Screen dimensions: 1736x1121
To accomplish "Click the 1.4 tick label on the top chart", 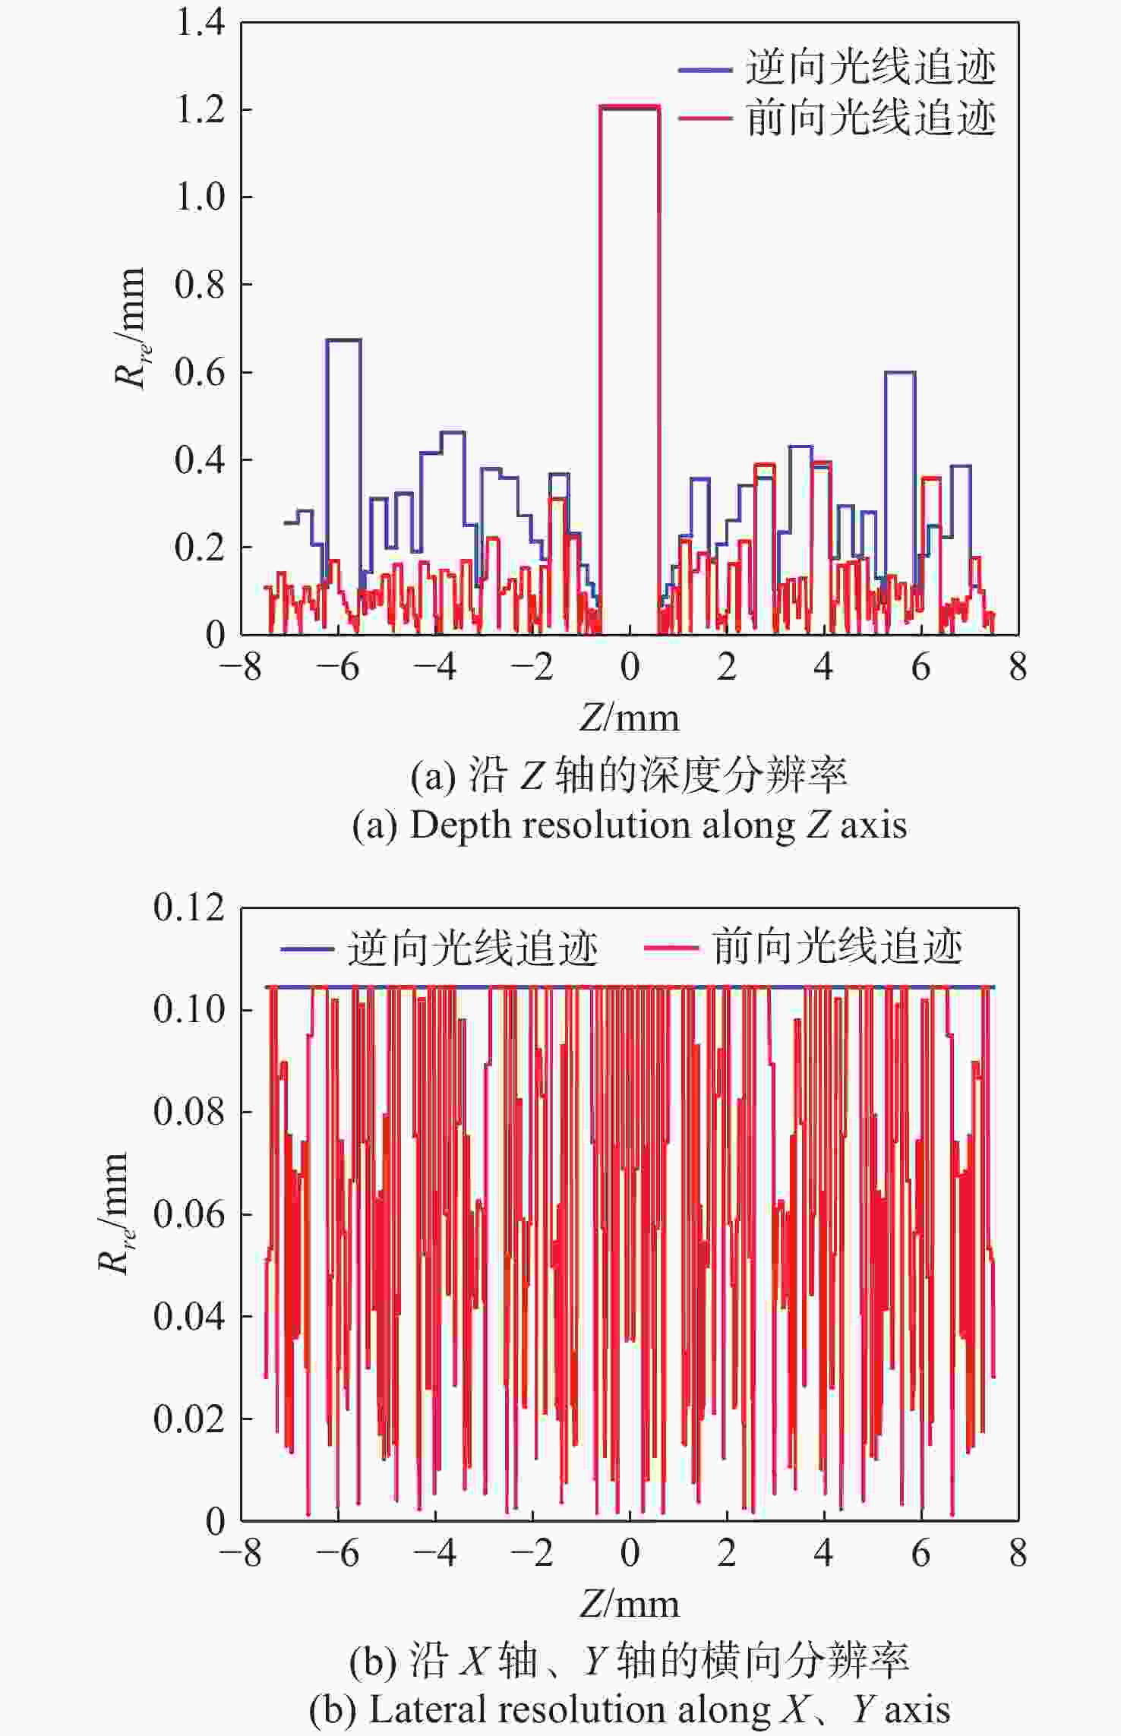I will [x=200, y=23].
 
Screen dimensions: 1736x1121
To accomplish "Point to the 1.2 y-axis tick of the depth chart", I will [x=200, y=110].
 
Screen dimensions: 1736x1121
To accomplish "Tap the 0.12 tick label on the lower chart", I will [x=189, y=907].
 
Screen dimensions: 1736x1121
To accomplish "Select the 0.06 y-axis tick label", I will [x=189, y=1214].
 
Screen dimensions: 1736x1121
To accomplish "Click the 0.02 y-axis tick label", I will [x=189, y=1418].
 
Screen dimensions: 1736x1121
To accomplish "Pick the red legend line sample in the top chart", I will [x=704, y=118].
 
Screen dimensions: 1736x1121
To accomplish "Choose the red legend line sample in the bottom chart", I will [x=671, y=948].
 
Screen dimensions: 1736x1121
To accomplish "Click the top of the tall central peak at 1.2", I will [x=630, y=107].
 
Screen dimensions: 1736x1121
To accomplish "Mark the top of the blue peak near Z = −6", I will [x=343, y=339].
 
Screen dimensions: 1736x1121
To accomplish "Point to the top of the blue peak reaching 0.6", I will [x=900, y=372].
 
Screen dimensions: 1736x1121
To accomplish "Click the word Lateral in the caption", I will [x=417, y=1710].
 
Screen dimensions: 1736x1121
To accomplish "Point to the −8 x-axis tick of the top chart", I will [x=241, y=668].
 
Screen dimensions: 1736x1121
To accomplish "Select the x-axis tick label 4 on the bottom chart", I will [x=824, y=1554].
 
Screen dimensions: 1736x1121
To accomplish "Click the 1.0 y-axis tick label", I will [x=200, y=197].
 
